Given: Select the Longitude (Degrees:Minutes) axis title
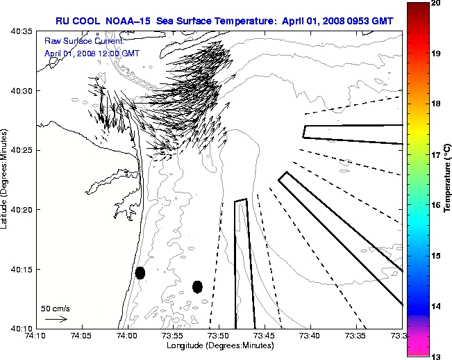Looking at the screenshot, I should tap(219, 345).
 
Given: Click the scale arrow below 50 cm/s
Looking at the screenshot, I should tap(56, 320).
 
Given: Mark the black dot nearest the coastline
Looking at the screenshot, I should tap(140, 272).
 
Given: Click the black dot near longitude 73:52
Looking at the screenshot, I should tap(197, 286).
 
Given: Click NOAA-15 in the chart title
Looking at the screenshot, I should tap(129, 22).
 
